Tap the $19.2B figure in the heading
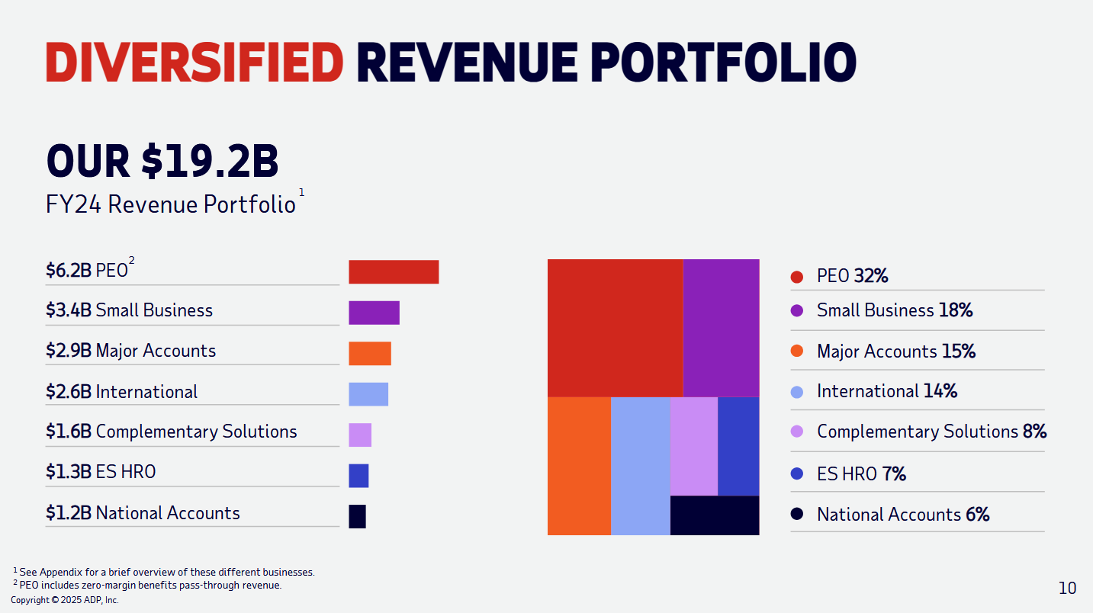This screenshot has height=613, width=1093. [210, 161]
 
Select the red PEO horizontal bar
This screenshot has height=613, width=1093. [394, 272]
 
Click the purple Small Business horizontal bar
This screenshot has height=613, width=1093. [374, 313]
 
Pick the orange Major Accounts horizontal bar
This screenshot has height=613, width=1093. [370, 353]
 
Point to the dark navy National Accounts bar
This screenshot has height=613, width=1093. [357, 516]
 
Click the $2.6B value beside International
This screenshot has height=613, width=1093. [69, 392]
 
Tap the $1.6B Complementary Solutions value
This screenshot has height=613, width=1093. [69, 432]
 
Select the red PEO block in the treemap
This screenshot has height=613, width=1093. [615, 328]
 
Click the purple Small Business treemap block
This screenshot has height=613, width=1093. [721, 328]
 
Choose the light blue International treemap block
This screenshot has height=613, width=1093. [640, 466]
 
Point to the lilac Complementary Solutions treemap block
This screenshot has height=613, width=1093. [693, 446]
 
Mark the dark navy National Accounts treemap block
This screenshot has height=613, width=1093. [715, 515]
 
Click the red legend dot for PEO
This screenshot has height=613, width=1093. [797, 277]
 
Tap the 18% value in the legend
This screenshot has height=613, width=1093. [955, 310]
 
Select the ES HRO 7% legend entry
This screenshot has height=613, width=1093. [861, 474]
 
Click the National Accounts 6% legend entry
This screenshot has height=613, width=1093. [903, 515]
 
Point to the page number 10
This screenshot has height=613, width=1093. [1067, 588]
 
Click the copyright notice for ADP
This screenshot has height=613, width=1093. [65, 600]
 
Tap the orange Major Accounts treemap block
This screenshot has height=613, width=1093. [579, 466]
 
